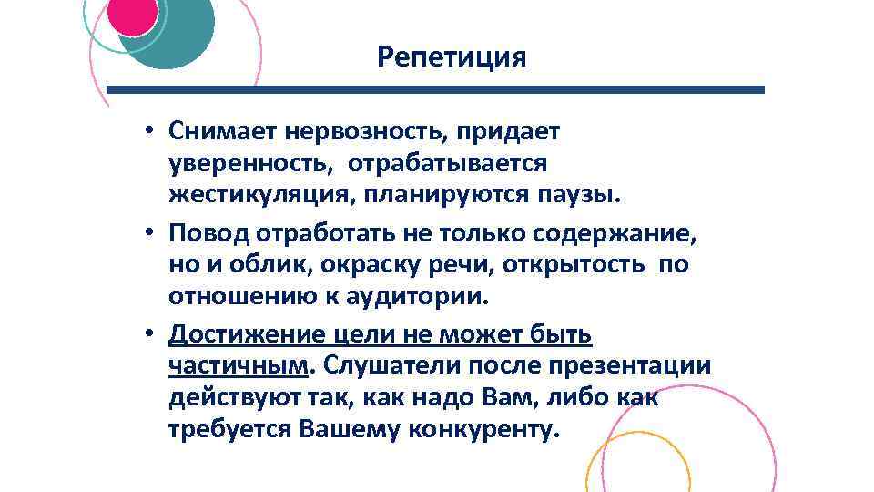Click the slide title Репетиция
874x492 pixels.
(452, 58)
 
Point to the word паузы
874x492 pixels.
(579, 193)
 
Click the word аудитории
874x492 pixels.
(416, 295)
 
